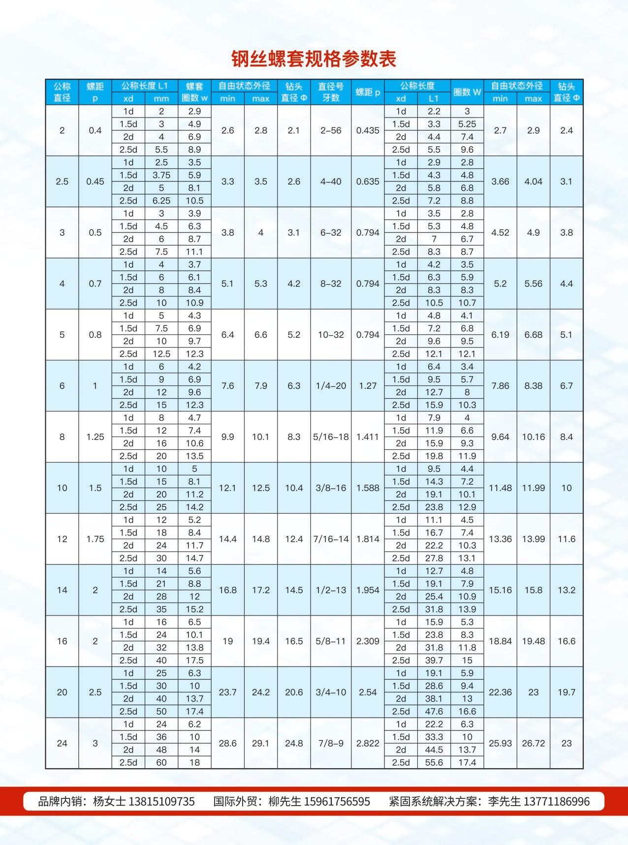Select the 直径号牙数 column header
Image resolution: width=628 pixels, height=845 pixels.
click(x=331, y=92)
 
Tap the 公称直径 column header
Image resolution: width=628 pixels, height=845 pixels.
click(x=62, y=92)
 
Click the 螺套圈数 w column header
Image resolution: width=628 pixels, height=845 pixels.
click(x=194, y=92)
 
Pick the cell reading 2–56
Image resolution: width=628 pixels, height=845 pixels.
click(x=331, y=131)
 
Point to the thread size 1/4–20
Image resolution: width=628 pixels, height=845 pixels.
click(x=331, y=386)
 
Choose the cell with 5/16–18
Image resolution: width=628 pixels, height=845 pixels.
click(x=331, y=437)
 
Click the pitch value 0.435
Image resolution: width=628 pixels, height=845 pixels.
click(x=368, y=131)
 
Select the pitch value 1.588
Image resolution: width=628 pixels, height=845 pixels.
click(x=368, y=488)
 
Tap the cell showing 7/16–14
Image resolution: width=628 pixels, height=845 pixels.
click(x=331, y=539)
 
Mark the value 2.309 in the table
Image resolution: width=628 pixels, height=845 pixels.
click(x=368, y=641)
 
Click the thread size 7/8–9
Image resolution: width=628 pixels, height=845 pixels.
click(x=331, y=743)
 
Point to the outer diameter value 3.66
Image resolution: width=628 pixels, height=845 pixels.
click(x=500, y=182)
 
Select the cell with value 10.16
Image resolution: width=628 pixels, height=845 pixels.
click(x=534, y=437)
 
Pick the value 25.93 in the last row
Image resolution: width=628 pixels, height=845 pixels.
click(x=500, y=743)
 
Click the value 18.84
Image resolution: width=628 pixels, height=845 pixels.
click(x=500, y=641)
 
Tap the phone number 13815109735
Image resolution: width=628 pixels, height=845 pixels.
click(x=161, y=802)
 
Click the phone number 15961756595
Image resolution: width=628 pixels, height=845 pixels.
click(x=337, y=802)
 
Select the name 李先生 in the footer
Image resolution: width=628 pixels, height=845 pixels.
click(x=504, y=802)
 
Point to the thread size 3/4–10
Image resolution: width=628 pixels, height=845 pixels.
click(x=331, y=693)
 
